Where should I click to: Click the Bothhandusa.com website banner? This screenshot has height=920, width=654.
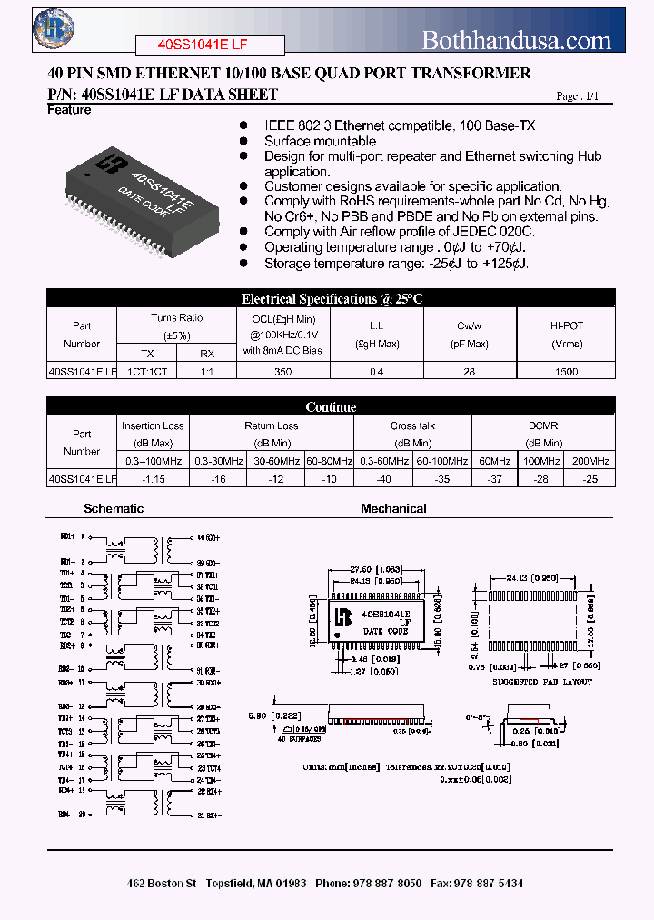click(517, 40)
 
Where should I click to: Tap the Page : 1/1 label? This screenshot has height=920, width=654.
click(578, 95)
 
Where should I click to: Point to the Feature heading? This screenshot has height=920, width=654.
click(69, 110)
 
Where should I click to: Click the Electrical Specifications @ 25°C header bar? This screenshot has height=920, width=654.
click(332, 298)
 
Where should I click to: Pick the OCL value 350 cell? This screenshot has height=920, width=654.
click(283, 371)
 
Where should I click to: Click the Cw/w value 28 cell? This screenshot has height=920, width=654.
click(471, 371)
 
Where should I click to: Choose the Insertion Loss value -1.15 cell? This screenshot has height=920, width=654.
click(153, 478)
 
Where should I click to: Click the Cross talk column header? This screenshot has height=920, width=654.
click(412, 425)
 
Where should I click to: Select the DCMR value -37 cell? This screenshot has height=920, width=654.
click(493, 478)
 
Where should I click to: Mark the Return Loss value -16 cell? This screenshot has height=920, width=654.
click(217, 478)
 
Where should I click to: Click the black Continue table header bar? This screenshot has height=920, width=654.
click(332, 406)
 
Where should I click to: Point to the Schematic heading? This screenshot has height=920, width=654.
click(114, 508)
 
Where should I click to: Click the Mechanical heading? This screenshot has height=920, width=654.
click(393, 508)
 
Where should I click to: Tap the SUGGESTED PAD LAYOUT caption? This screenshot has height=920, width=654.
click(541, 682)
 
